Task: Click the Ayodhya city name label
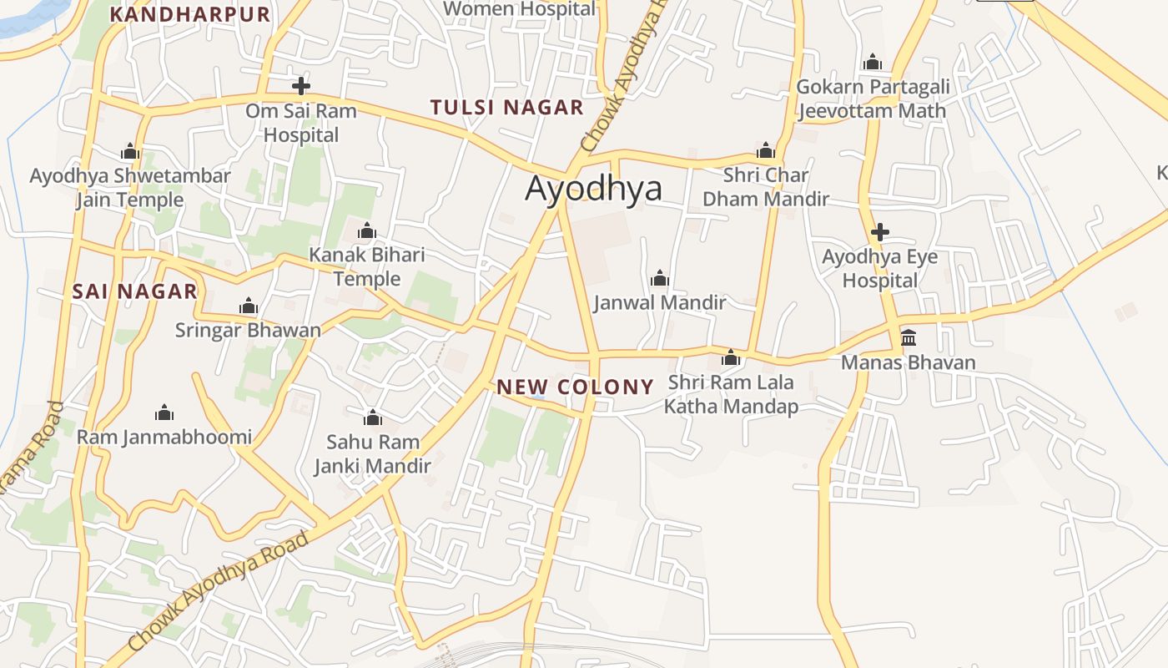coord(593,189)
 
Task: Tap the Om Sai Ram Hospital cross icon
coord(301,86)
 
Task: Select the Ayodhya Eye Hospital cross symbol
coord(879,232)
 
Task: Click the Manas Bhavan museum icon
coord(909,338)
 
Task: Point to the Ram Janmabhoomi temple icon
coord(164,412)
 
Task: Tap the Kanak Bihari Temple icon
coord(367,231)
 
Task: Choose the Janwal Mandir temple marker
coord(660,278)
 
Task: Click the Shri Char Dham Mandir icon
coord(765,151)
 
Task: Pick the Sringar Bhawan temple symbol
coord(249,306)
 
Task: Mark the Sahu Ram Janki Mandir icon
coord(372,417)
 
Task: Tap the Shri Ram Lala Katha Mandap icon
coord(731,358)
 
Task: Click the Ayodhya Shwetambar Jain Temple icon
coord(130,152)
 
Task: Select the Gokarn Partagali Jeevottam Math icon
coord(873,63)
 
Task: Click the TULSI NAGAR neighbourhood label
coord(506,108)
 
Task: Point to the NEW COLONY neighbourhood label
coord(575,387)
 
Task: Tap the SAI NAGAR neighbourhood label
coord(134,291)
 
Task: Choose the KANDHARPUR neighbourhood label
coord(190,14)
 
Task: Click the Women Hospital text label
coord(520,9)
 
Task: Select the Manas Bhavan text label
coord(908,362)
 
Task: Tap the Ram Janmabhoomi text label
coord(164,437)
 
